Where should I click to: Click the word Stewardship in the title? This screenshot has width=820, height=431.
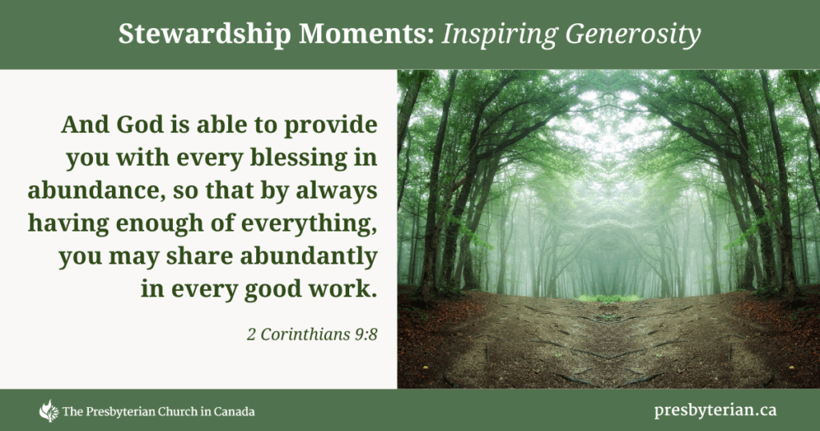pos(204,34)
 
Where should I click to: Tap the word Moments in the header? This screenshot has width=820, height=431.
pos(367,34)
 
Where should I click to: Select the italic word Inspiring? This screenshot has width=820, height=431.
pos(500,35)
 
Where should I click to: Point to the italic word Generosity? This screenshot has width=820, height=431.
pos(633,35)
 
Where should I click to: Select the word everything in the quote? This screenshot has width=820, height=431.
pos(309,224)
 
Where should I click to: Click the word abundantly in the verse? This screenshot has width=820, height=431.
pos(308,257)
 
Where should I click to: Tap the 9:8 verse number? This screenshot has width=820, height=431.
pos(365,334)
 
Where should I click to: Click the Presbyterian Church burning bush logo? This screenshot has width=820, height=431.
pos(49,411)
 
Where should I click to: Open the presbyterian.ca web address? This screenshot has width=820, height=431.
pos(715,411)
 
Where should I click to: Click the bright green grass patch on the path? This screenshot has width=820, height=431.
pos(609,298)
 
